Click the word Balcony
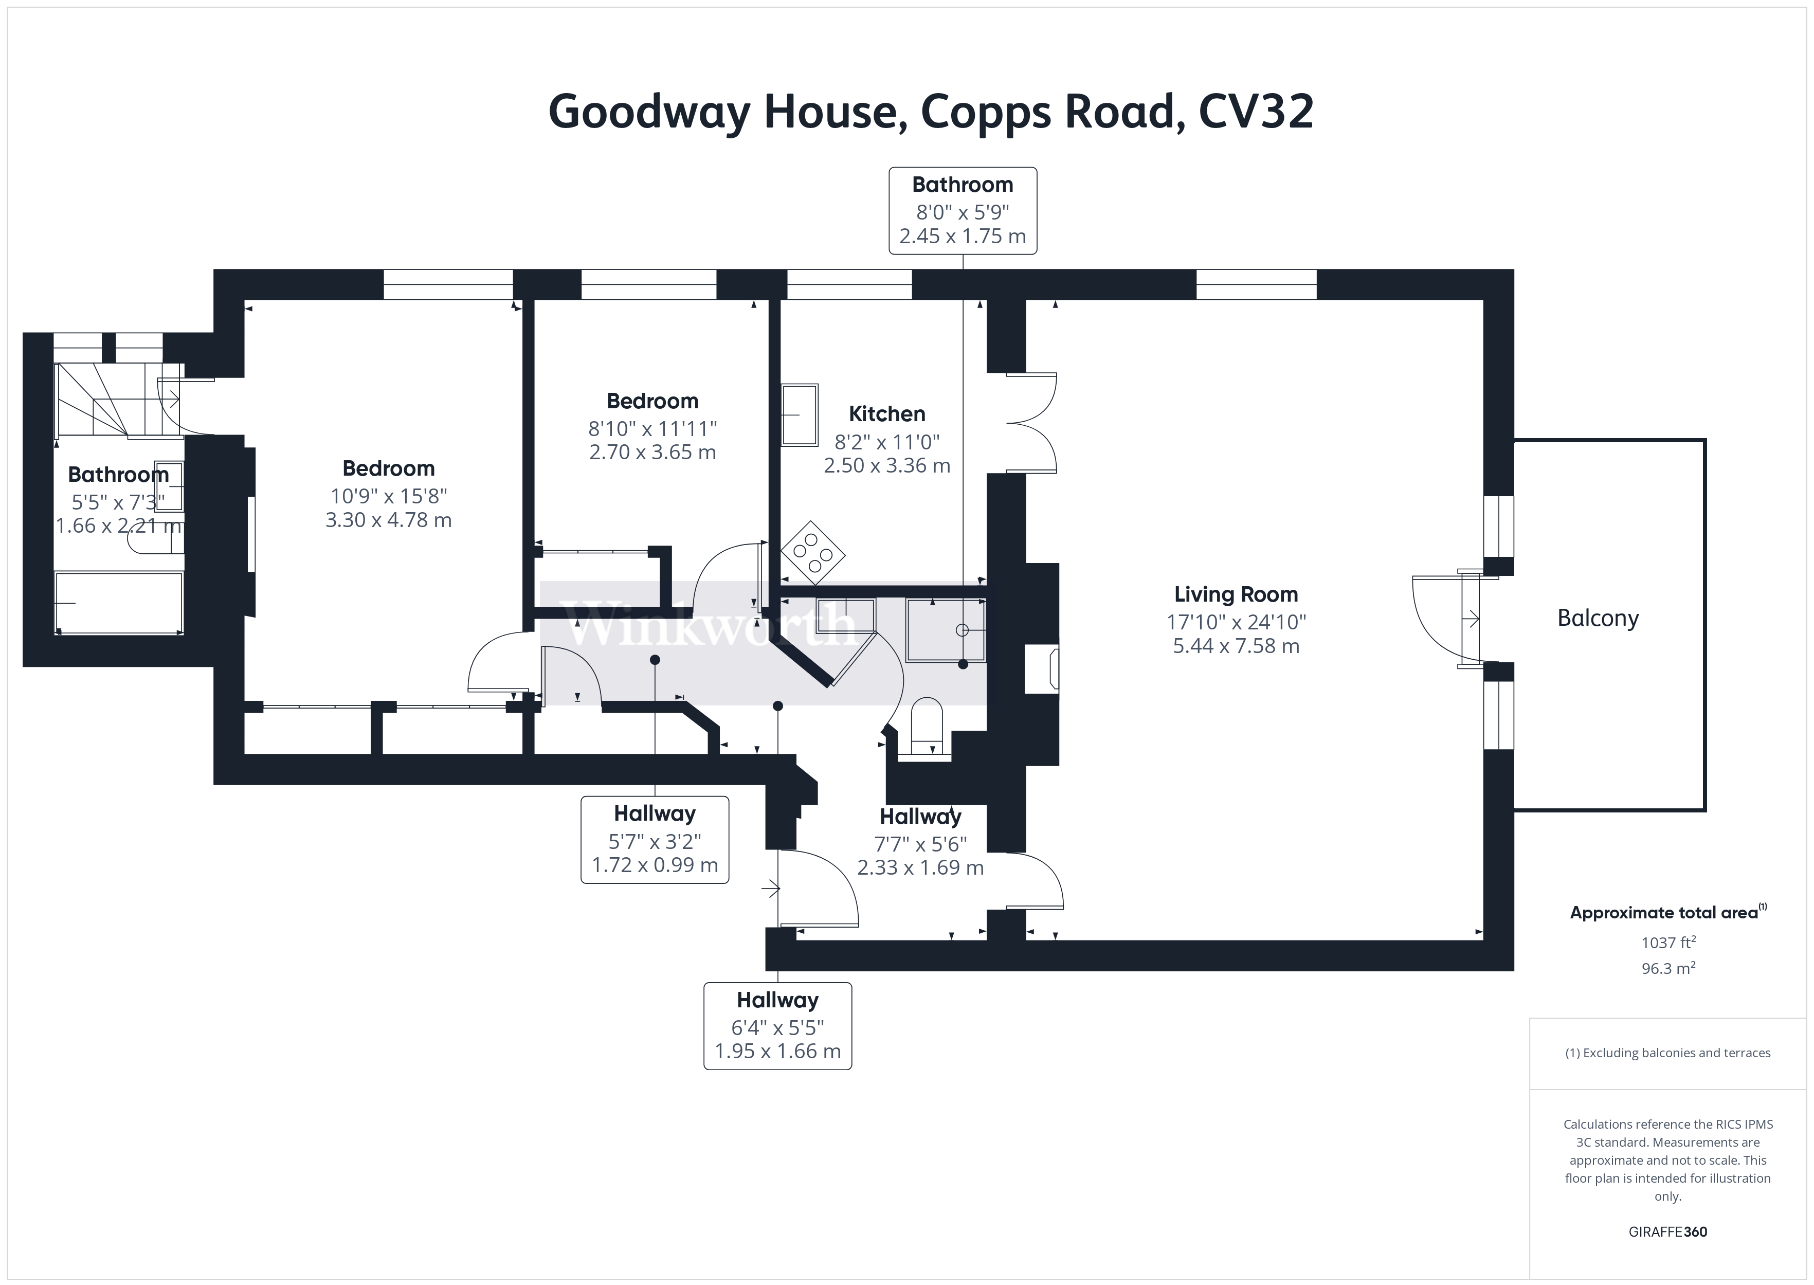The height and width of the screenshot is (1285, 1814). click(1597, 618)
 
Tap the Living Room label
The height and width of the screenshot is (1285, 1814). click(1236, 594)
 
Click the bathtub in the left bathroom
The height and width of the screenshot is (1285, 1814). click(119, 603)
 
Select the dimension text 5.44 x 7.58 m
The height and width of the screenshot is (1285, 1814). click(1236, 646)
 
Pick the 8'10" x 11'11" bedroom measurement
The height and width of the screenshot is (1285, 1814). click(652, 429)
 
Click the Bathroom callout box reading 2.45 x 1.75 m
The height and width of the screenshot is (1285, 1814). click(962, 210)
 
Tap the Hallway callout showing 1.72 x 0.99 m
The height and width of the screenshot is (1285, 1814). click(654, 840)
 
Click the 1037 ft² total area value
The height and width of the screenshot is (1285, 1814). click(1667, 943)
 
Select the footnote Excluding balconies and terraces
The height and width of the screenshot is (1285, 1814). click(1667, 1053)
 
